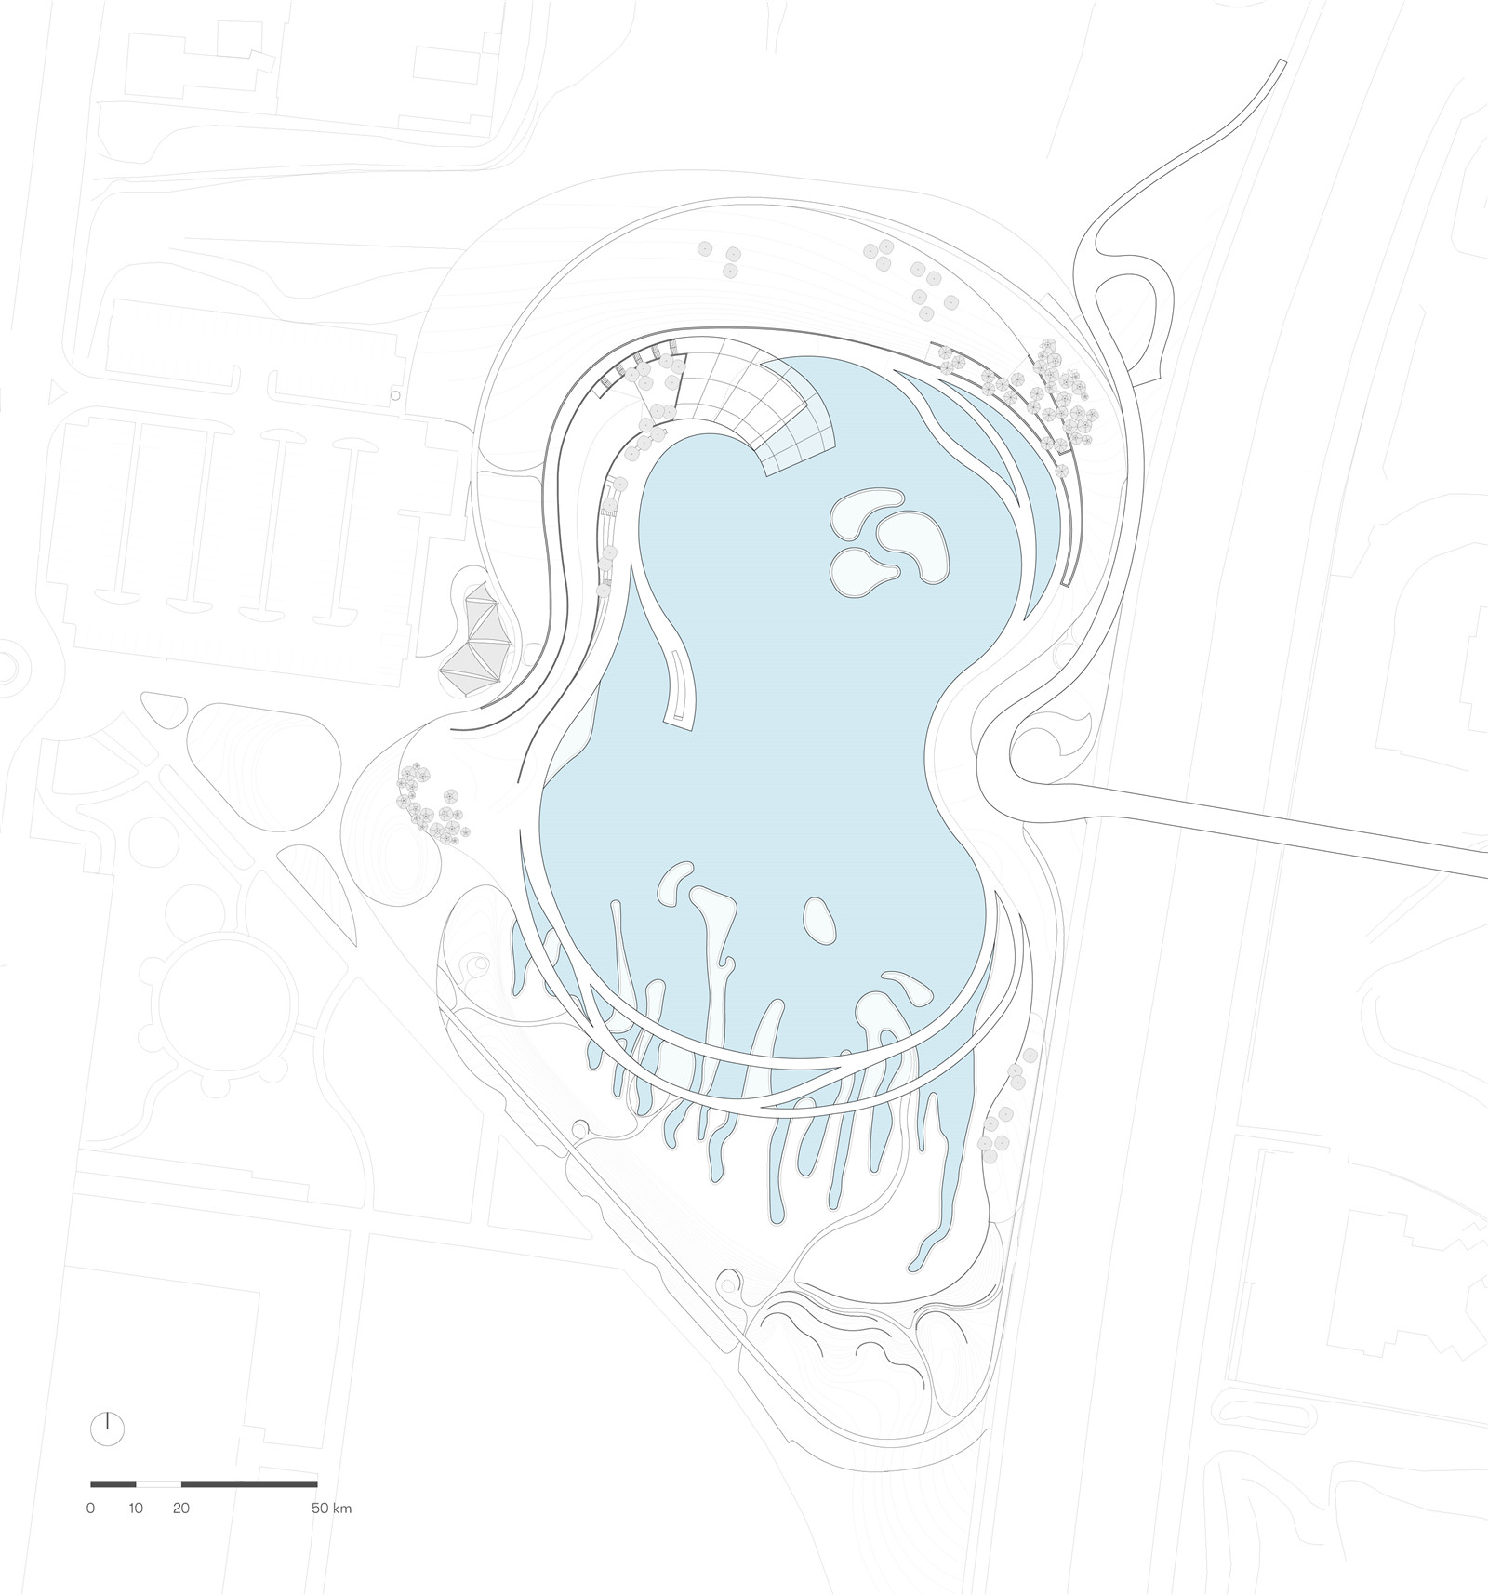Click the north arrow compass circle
(108, 1454)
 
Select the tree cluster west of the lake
(430, 804)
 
